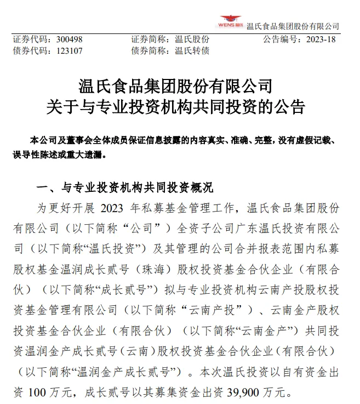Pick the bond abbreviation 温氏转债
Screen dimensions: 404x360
[192, 51]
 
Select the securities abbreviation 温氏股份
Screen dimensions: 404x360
[192, 39]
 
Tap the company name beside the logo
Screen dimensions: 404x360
[293, 26]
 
